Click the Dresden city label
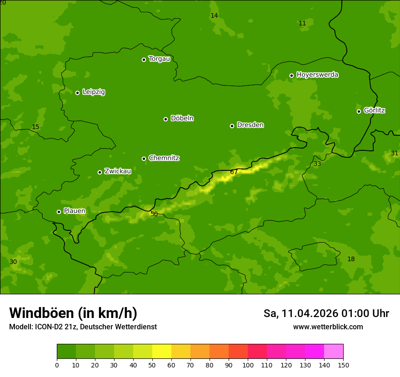coord(250,125)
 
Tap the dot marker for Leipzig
coord(77,93)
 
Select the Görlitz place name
coord(374,110)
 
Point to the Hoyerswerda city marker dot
coord(291,75)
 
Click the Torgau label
coord(159,59)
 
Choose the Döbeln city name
coord(182,119)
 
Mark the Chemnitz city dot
coord(144,159)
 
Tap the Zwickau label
coord(118,171)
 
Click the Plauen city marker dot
coord(59,212)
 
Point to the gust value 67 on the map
coord(234,172)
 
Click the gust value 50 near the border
coord(154,214)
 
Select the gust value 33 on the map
coord(317,164)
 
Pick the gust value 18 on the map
coord(351,259)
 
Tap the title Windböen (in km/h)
coord(73,313)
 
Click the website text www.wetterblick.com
coord(328,327)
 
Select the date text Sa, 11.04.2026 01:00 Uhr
coord(326,313)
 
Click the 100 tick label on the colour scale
coord(248,365)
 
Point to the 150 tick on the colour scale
coord(343,365)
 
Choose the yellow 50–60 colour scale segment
coord(162,352)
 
